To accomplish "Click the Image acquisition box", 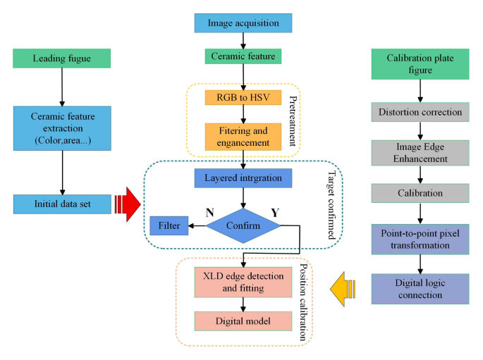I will [243, 23].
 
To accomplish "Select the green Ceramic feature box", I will [243, 56].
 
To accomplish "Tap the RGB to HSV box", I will [243, 97].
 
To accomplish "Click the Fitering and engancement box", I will [243, 136].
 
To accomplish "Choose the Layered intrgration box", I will [243, 178].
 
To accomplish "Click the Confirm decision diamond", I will [243, 225].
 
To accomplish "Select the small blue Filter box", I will [169, 225].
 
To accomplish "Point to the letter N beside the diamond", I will [210, 211].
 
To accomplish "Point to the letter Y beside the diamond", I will [276, 211].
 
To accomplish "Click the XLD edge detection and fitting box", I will [243, 281].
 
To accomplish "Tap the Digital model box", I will [243, 321].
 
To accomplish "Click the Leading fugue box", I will [62, 58].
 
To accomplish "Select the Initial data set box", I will [62, 204].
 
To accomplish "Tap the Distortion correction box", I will [421, 112].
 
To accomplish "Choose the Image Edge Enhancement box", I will [421, 152].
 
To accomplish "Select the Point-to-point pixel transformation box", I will [421, 240].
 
